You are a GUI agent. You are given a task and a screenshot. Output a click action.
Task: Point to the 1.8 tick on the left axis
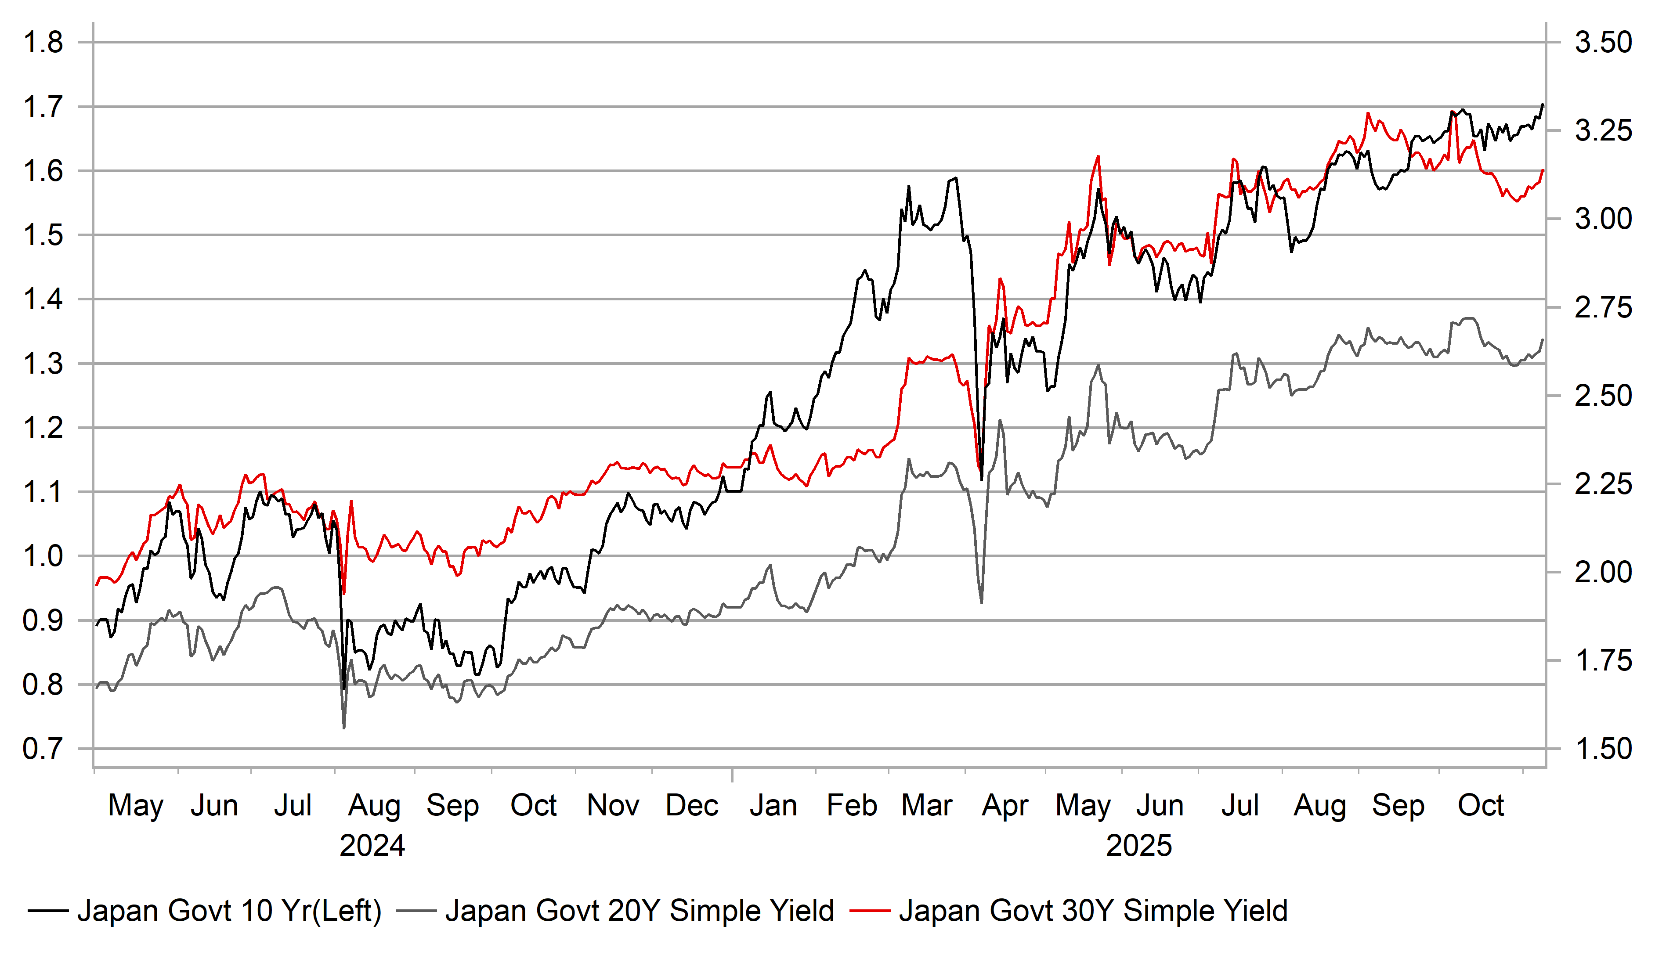click(x=43, y=43)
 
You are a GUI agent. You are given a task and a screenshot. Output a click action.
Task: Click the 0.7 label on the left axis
click(x=43, y=749)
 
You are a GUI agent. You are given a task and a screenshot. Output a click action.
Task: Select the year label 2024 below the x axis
click(x=372, y=846)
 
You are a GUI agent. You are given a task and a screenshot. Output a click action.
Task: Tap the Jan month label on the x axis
click(x=773, y=806)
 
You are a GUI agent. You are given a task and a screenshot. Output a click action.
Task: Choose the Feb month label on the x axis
click(x=851, y=806)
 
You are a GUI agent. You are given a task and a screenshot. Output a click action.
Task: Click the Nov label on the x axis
click(x=613, y=806)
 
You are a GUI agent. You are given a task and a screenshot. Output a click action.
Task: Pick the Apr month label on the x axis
click(x=1005, y=806)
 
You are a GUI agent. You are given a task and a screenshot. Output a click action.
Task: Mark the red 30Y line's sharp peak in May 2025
click(x=1098, y=156)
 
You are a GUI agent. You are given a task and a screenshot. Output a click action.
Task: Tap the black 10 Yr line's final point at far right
click(x=1543, y=105)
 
